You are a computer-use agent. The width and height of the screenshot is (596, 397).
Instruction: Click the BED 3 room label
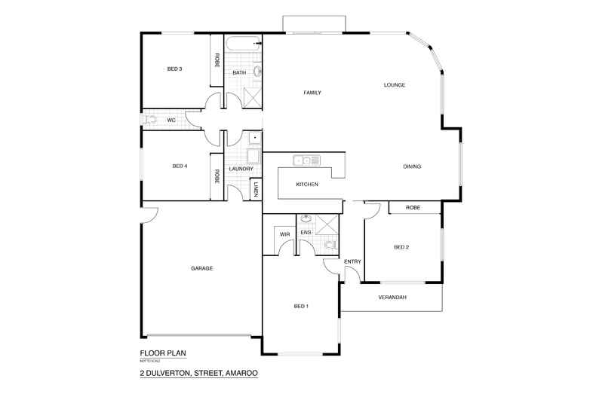[175, 69]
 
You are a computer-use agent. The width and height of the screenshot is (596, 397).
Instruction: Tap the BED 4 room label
[180, 166]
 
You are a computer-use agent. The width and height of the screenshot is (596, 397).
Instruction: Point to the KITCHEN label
[307, 185]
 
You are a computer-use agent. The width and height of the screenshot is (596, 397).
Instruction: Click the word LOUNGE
[395, 85]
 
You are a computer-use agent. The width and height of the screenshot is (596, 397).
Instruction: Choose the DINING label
[412, 166]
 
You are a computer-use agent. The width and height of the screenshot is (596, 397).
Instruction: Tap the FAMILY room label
[312, 93]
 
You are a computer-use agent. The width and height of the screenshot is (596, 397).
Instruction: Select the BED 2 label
[401, 247]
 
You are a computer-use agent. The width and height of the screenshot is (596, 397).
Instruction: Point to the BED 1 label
[301, 306]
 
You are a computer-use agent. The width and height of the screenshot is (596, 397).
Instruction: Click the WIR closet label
[284, 234]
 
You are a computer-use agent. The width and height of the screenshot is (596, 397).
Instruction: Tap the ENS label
[306, 233]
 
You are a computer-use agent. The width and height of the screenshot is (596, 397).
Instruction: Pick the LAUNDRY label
[241, 169]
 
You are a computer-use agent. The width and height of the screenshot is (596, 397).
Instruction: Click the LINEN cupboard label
[257, 190]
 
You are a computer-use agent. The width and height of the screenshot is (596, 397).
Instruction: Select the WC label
[171, 120]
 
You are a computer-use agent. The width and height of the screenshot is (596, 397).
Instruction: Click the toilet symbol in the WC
[149, 120]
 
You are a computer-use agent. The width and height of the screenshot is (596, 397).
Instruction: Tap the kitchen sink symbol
[304, 160]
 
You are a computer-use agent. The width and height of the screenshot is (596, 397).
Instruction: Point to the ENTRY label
[352, 261]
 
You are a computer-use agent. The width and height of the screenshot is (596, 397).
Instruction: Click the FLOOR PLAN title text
[162, 353]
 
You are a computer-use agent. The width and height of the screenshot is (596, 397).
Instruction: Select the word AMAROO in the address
[240, 372]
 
